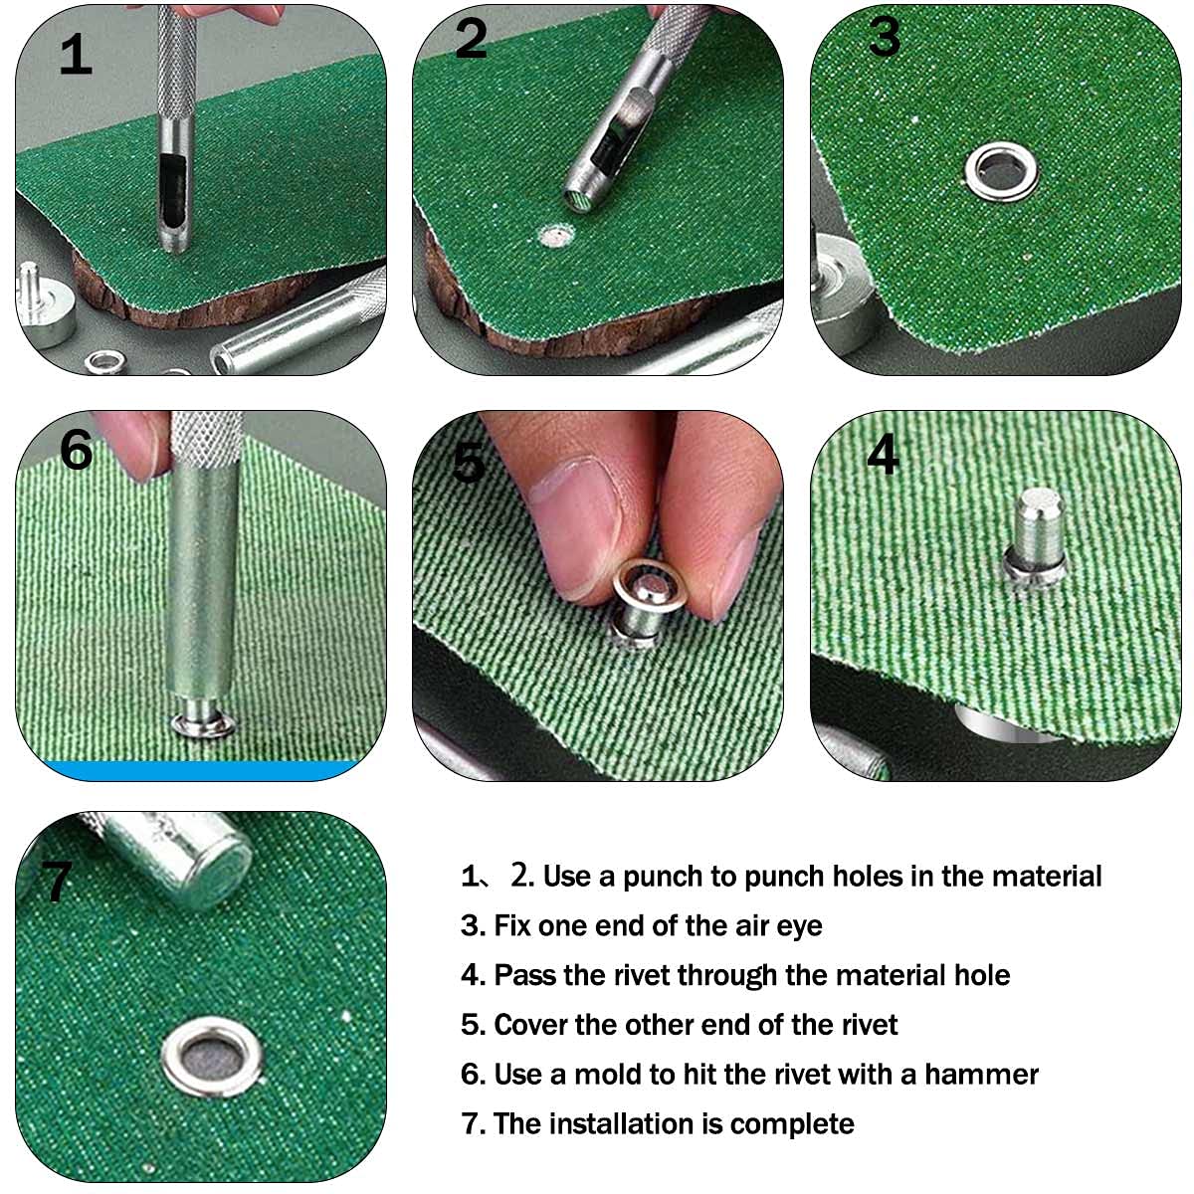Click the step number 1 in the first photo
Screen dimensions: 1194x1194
pyautogui.click(x=76, y=55)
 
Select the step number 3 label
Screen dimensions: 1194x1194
pyautogui.click(x=885, y=36)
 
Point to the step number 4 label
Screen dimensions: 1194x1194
pyautogui.click(x=883, y=454)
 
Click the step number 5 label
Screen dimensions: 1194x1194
pyautogui.click(x=469, y=463)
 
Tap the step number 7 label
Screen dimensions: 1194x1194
pyautogui.click(x=57, y=881)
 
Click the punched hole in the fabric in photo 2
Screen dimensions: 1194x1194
pyautogui.click(x=556, y=236)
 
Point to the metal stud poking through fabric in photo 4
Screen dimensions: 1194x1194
pyautogui.click(x=1035, y=537)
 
